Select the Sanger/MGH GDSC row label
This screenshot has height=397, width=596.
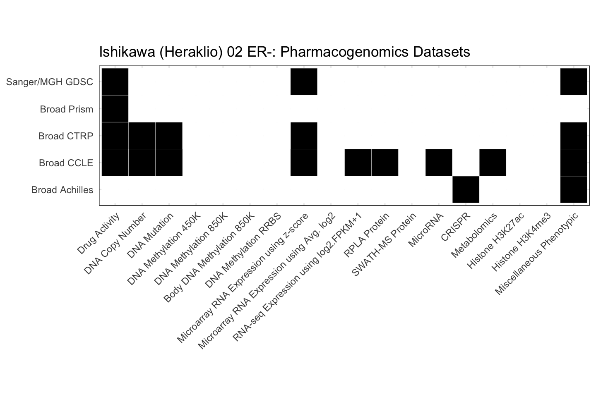[x=50, y=82]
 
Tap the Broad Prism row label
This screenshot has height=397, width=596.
[x=66, y=109]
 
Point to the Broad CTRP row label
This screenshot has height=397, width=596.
[x=65, y=136]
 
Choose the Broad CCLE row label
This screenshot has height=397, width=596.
[x=66, y=163]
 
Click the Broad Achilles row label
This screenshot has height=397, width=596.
[x=62, y=190]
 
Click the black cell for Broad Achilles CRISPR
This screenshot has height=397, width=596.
[x=466, y=189]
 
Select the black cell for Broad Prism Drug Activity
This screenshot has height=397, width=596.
[x=115, y=109]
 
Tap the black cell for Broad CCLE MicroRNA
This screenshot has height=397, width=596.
[x=439, y=163]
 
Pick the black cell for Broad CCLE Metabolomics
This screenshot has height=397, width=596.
[x=493, y=163]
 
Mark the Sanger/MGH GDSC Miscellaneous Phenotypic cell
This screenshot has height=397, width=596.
[x=573, y=82]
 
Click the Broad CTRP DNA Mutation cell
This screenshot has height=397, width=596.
[x=169, y=136]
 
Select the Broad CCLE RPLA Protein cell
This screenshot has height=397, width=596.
[x=385, y=163]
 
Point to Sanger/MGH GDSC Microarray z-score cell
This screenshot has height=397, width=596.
[x=304, y=82]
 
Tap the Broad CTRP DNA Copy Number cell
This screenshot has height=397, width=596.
[x=142, y=136]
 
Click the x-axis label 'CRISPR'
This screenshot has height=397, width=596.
[x=455, y=227]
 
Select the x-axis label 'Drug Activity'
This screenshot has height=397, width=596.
[x=99, y=234]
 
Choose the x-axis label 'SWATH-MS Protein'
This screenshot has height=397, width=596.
[x=383, y=244]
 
